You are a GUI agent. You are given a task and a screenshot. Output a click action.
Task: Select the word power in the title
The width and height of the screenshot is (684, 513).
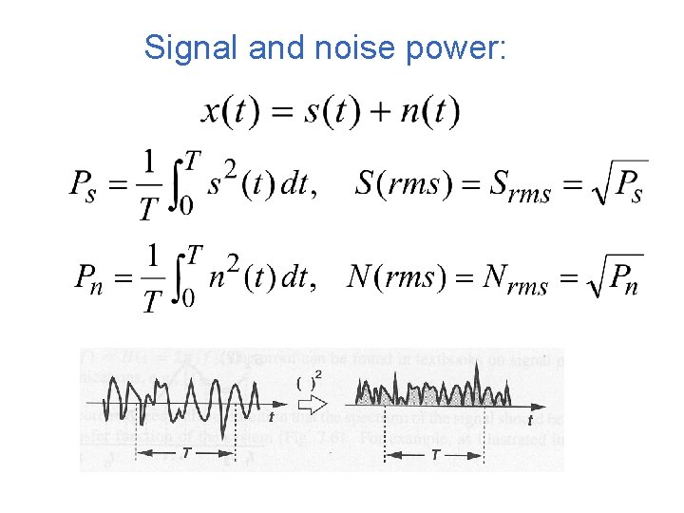tap(453, 47)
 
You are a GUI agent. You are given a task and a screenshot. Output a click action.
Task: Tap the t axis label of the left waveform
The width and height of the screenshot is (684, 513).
tap(272, 415)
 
